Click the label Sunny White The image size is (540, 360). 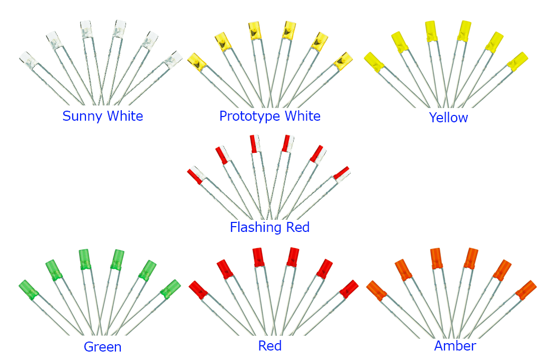click(102, 116)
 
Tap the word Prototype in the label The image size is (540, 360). click(244, 116)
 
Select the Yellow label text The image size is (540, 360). click(448, 117)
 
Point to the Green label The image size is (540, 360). click(102, 347)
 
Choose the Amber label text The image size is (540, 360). click(455, 346)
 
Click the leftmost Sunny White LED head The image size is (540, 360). click(27, 60)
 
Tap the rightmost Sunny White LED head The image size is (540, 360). click(172, 60)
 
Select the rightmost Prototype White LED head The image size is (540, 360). click(343, 61)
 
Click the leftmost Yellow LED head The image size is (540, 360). click(374, 62)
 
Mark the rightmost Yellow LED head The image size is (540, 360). click(517, 61)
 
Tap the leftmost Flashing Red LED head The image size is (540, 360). click(195, 175)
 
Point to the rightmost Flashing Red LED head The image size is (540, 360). click(341, 173)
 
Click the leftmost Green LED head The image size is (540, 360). click(28, 289)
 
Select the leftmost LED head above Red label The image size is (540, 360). click(199, 289)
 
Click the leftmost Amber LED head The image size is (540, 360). click(377, 290)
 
